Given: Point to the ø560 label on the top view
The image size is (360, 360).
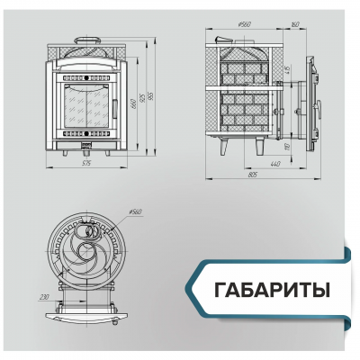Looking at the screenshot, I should click(136, 212).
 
